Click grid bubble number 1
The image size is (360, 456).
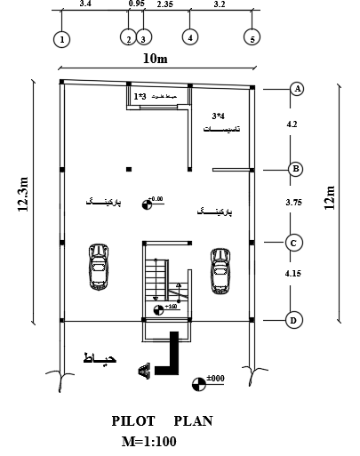point(61,39)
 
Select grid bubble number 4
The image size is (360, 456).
point(189,37)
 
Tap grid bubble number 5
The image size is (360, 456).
point(252,39)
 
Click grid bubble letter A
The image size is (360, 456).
point(297,88)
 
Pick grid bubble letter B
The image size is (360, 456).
point(297,169)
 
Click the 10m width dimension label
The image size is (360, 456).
point(156,60)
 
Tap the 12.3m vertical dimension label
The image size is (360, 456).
point(24,195)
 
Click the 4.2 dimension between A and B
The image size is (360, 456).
point(292,124)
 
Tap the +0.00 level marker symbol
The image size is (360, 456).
point(148,205)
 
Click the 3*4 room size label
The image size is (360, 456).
point(219,116)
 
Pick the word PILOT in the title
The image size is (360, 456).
point(134,421)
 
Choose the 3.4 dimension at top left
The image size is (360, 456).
point(85,4)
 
